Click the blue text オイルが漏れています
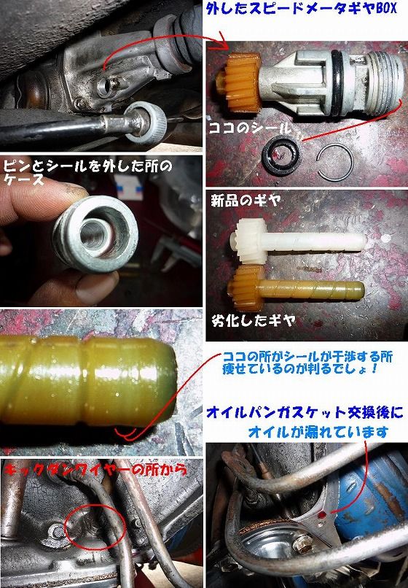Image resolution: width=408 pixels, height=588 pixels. [x=310, y=433]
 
